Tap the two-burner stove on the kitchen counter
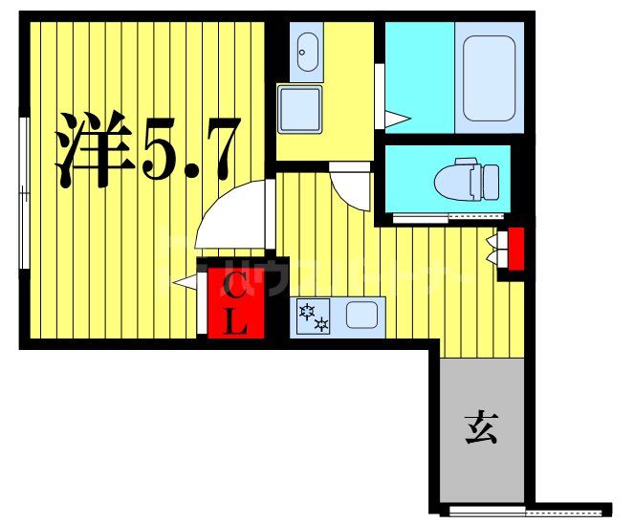pyautogui.click(x=314, y=317)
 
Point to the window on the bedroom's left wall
pyautogui.click(x=24, y=191)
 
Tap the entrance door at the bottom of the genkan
pyautogui.click(x=488, y=509)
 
